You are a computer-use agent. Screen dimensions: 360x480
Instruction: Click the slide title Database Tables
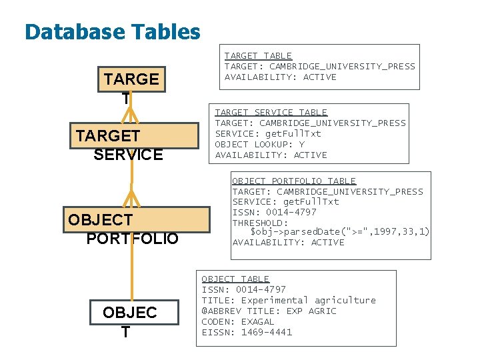click(112, 31)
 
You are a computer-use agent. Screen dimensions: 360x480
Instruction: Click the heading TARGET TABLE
click(258, 55)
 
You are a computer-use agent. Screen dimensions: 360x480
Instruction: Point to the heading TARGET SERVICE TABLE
click(271, 112)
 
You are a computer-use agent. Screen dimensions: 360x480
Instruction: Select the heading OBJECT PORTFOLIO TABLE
click(293, 181)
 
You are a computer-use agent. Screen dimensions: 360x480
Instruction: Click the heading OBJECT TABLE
click(235, 279)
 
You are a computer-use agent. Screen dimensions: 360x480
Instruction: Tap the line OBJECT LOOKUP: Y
click(259, 144)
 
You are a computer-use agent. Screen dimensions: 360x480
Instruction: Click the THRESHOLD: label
click(260, 223)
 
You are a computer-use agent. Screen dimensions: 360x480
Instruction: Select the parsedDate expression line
click(339, 231)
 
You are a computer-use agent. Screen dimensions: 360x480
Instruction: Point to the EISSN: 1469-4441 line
click(247, 332)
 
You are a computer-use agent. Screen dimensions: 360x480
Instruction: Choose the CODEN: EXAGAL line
click(238, 321)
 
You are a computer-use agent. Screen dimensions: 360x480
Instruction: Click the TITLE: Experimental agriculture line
click(289, 300)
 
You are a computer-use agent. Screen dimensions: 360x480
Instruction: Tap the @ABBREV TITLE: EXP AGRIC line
click(269, 311)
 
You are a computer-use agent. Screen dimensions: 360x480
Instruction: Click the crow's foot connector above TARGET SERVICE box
click(131, 115)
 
